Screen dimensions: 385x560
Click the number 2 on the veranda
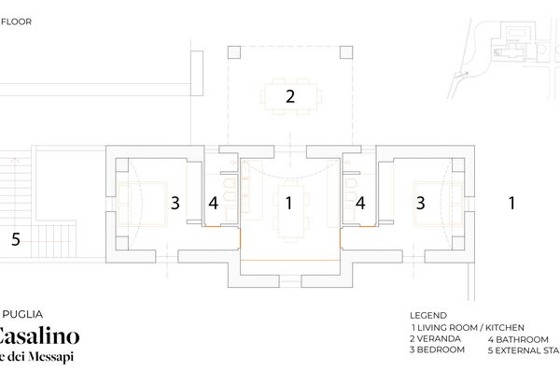[290, 95]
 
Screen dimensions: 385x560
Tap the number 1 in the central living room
[289, 202]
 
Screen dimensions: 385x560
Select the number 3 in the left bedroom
[175, 202]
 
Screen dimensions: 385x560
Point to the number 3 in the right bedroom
[421, 202]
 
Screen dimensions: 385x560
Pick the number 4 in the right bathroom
[359, 203]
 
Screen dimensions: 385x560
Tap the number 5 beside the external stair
[15, 239]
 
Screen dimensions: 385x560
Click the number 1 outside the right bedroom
[511, 202]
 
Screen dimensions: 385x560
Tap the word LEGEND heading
[428, 315]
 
